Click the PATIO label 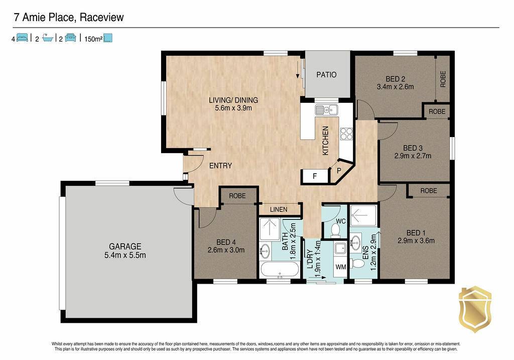pyautogui.click(x=326, y=75)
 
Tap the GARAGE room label pyautogui.click(x=125, y=246)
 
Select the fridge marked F pyautogui.click(x=315, y=176)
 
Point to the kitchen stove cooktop pyautogui.click(x=346, y=133)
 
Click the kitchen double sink pyautogui.click(x=326, y=109)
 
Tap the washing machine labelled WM pyautogui.click(x=341, y=267)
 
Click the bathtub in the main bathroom pyautogui.click(x=280, y=270)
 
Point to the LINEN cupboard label pyautogui.click(x=279, y=209)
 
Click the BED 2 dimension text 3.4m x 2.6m pyautogui.click(x=395, y=87)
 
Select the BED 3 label pyautogui.click(x=413, y=148)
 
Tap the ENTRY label pyautogui.click(x=221, y=166)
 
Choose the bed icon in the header pyautogui.click(x=22, y=38)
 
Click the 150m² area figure pyautogui.click(x=93, y=39)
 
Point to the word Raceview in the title pyautogui.click(x=101, y=18)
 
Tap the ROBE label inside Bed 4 pyautogui.click(x=237, y=196)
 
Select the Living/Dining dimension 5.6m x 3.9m pyautogui.click(x=233, y=108)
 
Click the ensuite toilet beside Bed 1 pyautogui.click(x=358, y=263)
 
